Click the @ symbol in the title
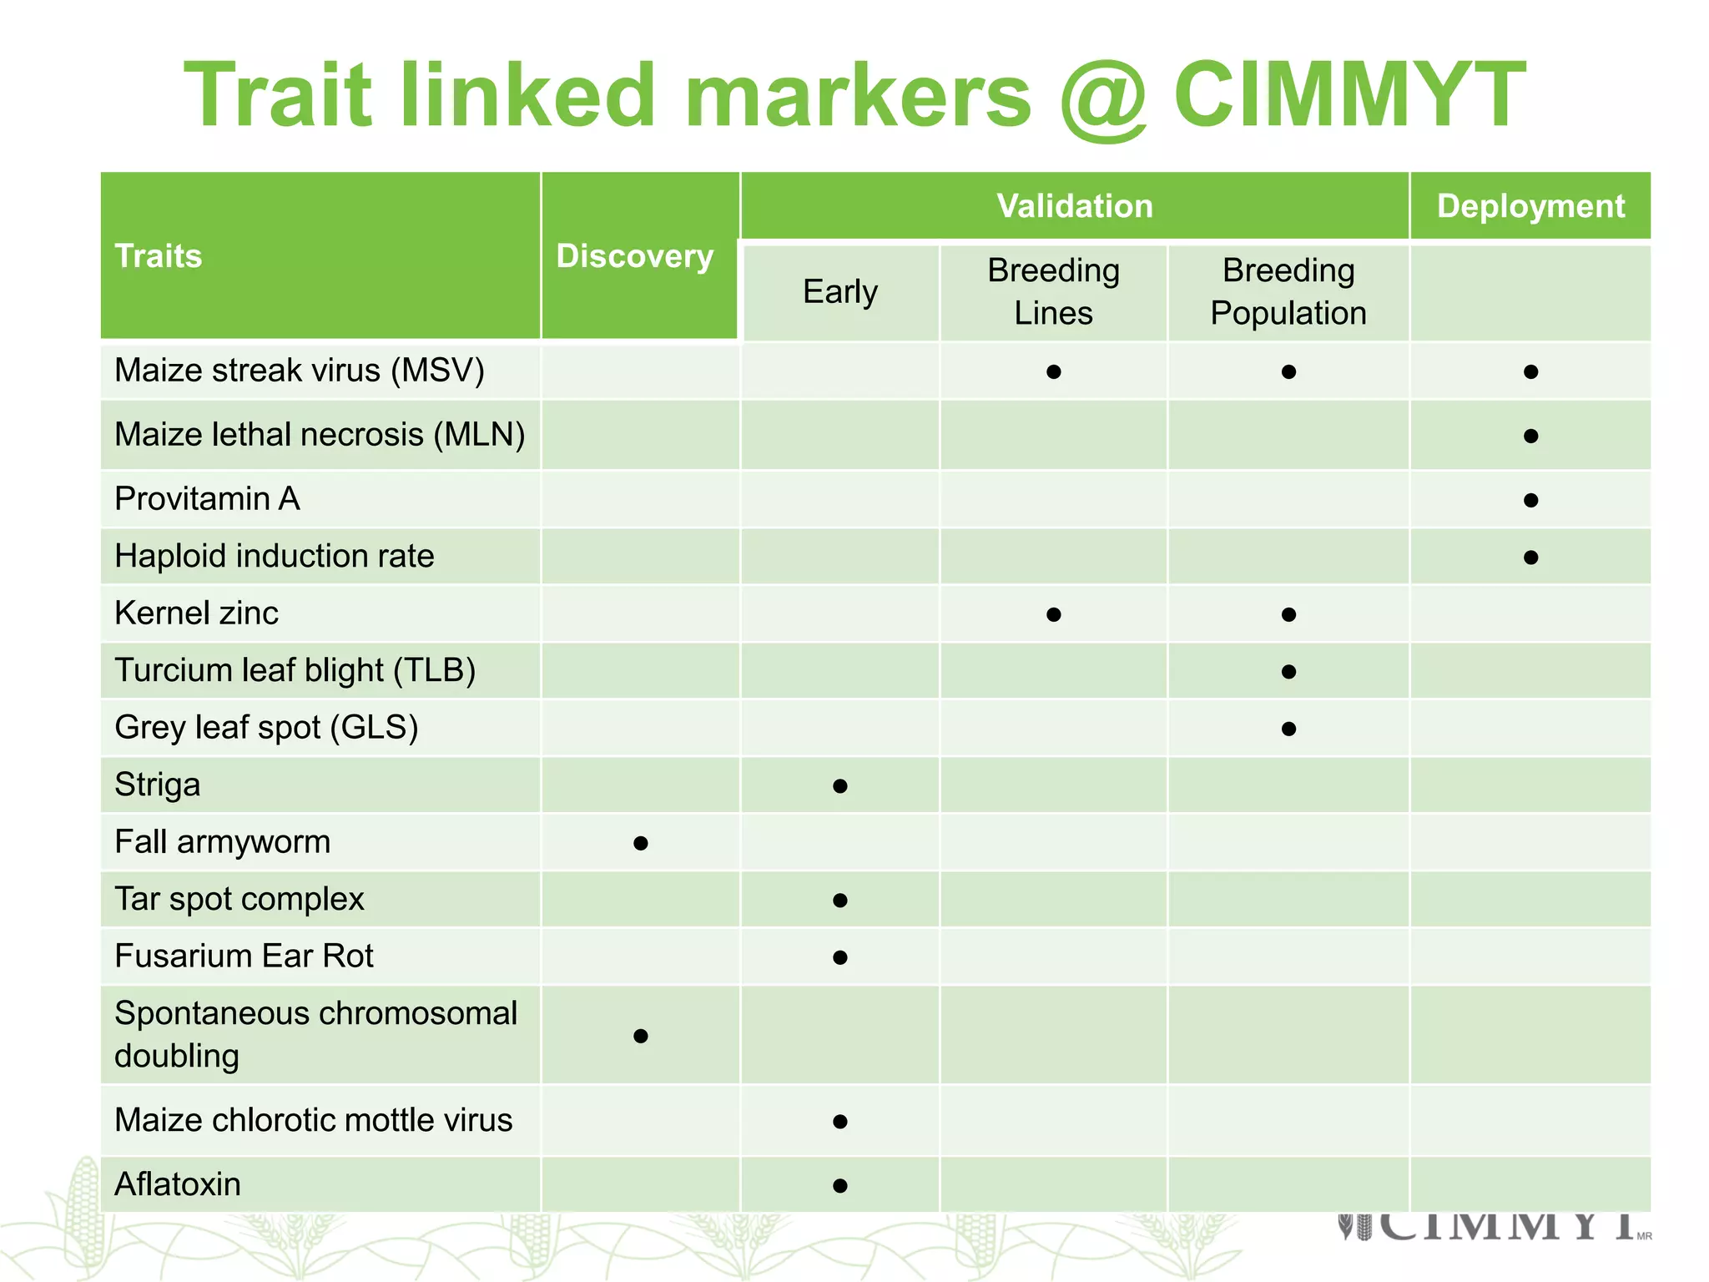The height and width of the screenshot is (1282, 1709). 1103,98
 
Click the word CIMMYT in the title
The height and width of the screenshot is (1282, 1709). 1349,95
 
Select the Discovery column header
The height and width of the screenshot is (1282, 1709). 635,255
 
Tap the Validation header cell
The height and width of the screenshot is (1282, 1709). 1075,206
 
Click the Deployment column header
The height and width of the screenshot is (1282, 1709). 1530,206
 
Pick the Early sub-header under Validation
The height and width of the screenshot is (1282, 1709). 840,292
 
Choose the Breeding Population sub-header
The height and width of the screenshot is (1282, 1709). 1288,292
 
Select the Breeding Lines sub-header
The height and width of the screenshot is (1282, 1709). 1053,292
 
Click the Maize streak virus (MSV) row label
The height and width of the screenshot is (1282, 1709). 300,371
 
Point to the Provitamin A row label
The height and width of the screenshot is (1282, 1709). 207,499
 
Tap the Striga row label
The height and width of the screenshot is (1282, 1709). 158,785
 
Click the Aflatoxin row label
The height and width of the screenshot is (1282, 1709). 178,1184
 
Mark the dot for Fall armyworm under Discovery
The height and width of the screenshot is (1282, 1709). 641,843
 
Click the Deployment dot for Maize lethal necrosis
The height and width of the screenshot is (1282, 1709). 1530,436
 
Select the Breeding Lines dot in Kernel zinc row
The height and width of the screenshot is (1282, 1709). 1054,615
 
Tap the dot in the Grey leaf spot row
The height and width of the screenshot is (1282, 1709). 1288,729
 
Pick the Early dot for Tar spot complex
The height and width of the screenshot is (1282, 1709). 840,901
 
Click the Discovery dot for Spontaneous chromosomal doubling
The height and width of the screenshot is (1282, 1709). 641,1036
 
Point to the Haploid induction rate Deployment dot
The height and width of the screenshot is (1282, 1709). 1530,558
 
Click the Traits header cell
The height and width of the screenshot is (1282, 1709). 159,255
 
